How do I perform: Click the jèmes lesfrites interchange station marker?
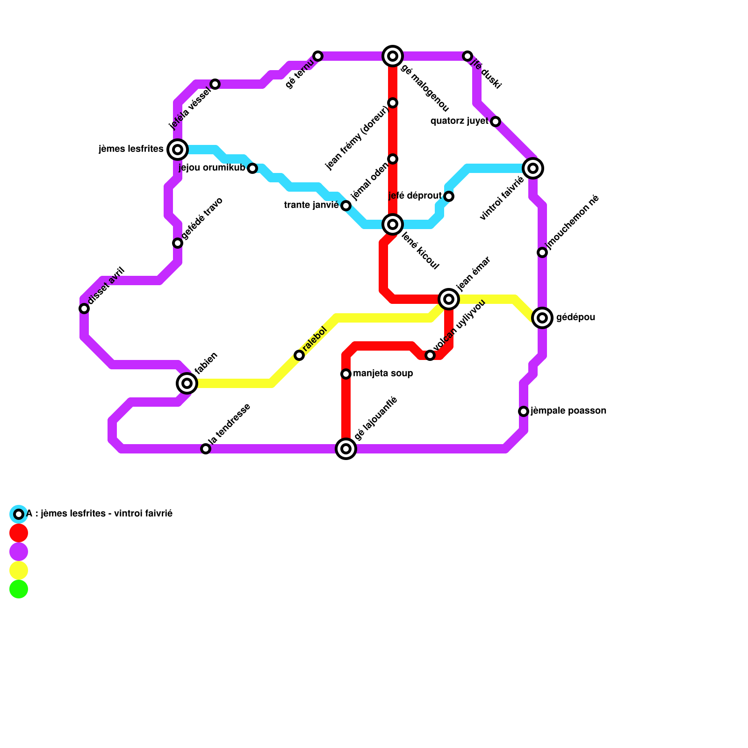point(178,150)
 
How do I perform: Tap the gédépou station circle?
point(542,318)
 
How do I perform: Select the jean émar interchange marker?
point(449,299)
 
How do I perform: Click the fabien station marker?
point(187,383)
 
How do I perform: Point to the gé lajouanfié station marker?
point(346,449)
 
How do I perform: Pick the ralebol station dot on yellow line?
point(299,355)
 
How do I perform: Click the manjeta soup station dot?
point(346,374)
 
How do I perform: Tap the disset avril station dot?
point(84,309)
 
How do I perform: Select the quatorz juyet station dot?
point(496,122)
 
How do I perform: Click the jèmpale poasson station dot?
point(524,411)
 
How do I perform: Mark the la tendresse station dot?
point(206,449)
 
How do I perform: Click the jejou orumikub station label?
point(212,168)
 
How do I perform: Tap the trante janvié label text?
point(311,205)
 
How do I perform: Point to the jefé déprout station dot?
point(449,196)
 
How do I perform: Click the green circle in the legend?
point(19,589)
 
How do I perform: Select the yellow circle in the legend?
point(19,570)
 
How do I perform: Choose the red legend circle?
point(19,533)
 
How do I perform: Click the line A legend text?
point(99,514)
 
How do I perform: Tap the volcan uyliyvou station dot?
point(430,355)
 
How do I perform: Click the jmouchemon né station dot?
point(542,252)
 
